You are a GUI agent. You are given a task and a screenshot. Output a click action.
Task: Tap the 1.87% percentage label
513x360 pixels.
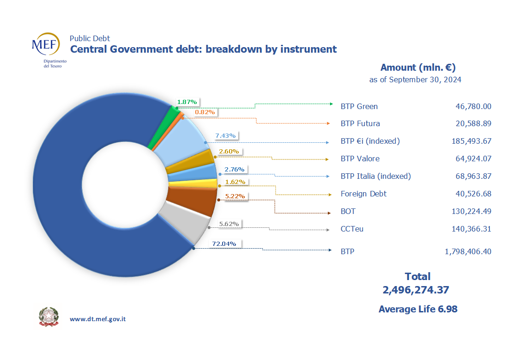tap(187, 102)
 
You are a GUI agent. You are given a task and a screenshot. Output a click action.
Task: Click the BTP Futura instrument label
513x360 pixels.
tap(360, 124)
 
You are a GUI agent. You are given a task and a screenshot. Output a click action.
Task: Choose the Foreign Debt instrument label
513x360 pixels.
tap(363, 194)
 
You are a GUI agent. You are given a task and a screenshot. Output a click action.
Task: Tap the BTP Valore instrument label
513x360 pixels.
tap(360, 159)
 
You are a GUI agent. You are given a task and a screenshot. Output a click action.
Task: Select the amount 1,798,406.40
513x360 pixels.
tap(468, 252)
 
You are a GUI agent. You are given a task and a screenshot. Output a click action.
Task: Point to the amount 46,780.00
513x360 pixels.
tap(473, 107)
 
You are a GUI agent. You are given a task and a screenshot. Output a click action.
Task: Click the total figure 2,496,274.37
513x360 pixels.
tap(416, 290)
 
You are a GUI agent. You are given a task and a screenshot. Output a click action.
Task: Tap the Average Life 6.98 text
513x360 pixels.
tap(418, 309)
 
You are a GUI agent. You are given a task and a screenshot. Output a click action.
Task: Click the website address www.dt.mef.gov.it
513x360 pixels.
tap(98, 319)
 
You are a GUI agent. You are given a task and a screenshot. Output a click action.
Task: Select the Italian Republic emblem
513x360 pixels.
tap(48, 317)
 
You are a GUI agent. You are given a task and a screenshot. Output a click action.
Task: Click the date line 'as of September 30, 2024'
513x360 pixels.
tap(415, 80)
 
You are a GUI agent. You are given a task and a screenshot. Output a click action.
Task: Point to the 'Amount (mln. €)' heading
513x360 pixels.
tap(418, 67)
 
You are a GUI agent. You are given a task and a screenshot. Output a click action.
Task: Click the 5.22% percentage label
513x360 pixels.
tap(235, 196)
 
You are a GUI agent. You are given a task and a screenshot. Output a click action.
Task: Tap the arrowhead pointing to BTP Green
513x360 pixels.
tap(330, 104)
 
